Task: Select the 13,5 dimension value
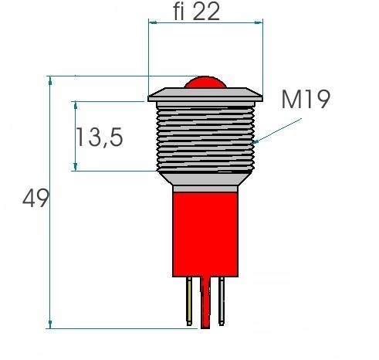100,138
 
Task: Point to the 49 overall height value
36,199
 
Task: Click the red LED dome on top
205,83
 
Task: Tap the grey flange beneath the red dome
205,95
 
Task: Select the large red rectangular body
205,232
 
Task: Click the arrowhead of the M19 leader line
256,143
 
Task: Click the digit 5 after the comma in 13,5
115,138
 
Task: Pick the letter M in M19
290,99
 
